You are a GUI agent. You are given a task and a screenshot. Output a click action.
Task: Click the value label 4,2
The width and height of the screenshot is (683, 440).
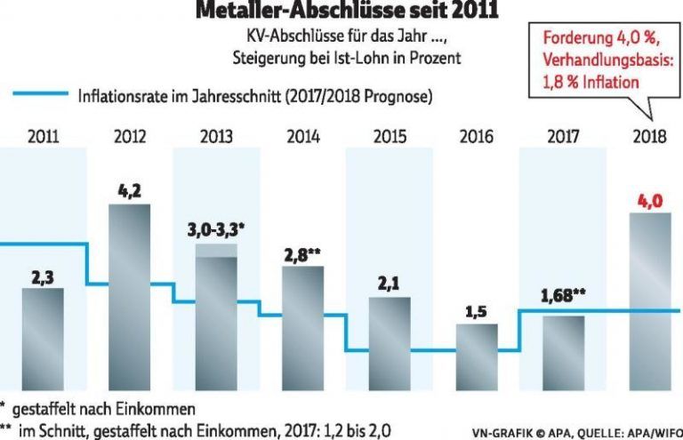pos(130,191)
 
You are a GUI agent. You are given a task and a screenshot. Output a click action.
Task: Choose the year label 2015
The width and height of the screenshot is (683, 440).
pos(390,137)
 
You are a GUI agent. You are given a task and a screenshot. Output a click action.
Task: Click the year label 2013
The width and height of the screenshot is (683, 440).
pos(216,137)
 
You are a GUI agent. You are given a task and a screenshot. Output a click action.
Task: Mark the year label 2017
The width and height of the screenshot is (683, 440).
pos(562,137)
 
